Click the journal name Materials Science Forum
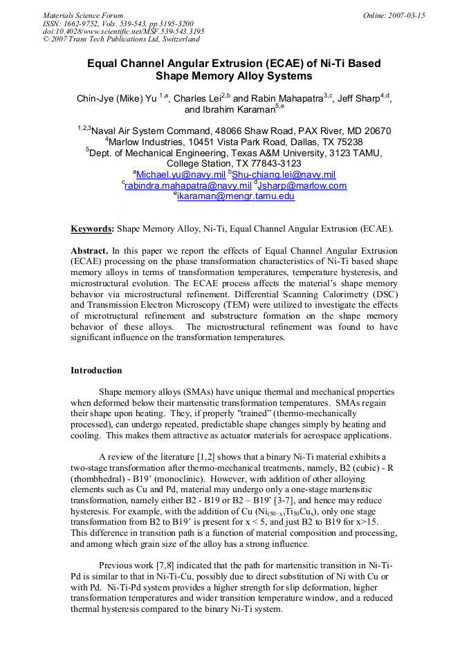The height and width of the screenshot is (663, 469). [x=83, y=15]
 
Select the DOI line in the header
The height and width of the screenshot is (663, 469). [x=123, y=31]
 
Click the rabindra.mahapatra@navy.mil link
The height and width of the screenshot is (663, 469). [x=188, y=186]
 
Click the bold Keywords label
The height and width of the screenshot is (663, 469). [x=92, y=227]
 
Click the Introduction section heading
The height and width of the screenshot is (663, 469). [x=96, y=371]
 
